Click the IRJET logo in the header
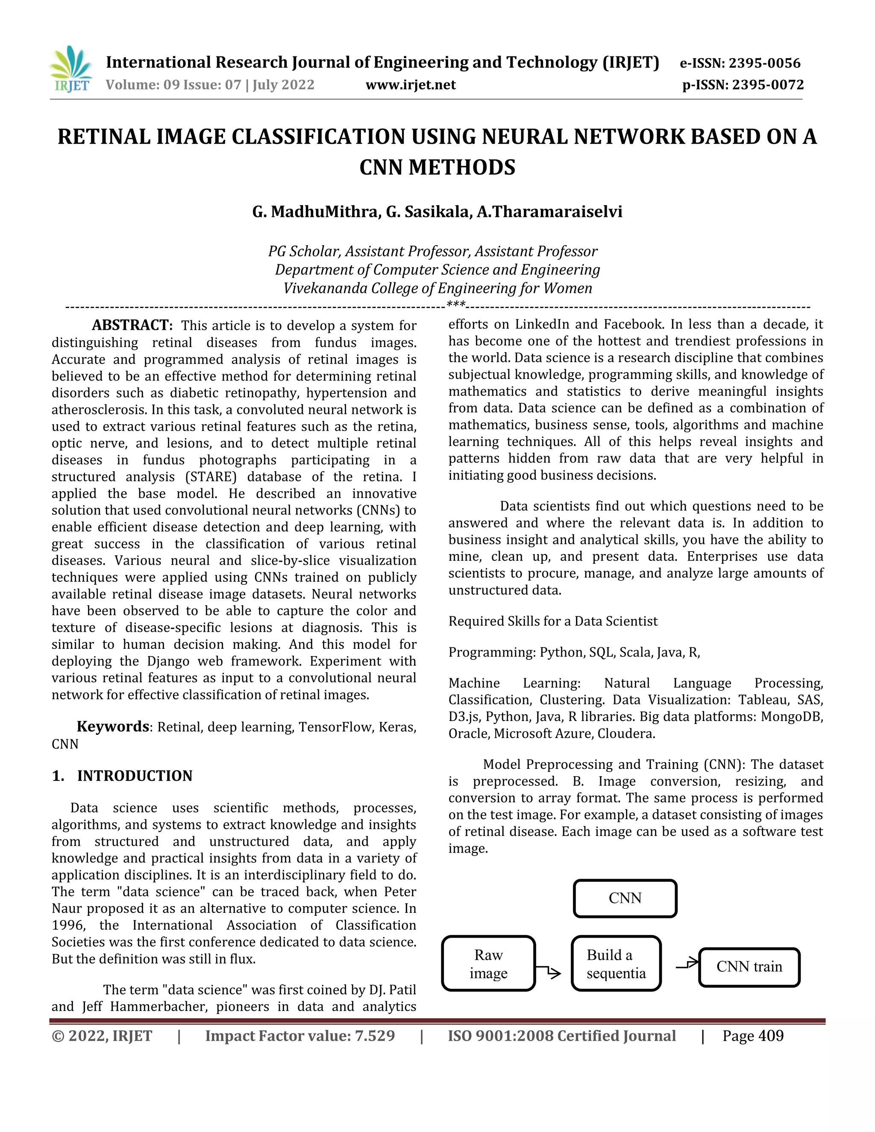tap(70, 69)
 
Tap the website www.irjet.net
tap(411, 85)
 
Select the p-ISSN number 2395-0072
tap(768, 85)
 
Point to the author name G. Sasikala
tap(427, 212)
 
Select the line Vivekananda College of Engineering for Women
tap(437, 288)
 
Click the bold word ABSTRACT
tap(132, 326)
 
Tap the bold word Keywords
tap(112, 727)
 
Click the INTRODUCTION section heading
tap(134, 776)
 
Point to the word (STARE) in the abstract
tap(211, 477)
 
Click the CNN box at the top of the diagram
tap(625, 898)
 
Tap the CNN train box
tap(749, 967)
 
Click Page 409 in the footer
tap(753, 1036)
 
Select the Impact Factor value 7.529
tap(374, 1036)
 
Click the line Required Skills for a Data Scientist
tap(552, 621)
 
